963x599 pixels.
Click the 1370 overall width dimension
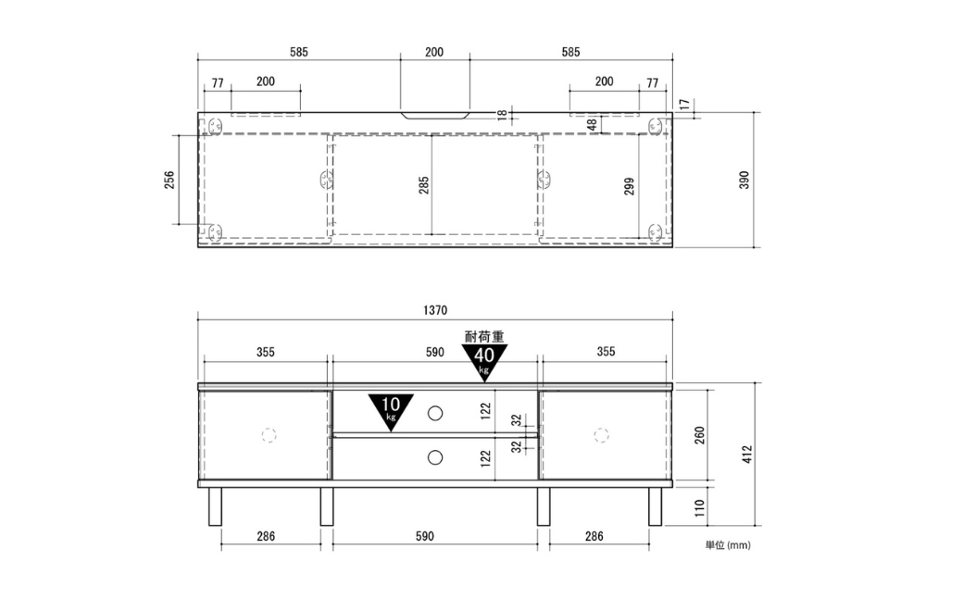[435, 310]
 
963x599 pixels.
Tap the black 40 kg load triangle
[484, 362]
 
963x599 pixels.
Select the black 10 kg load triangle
[391, 412]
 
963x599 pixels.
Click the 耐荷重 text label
[484, 337]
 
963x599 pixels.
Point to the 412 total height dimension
[747, 454]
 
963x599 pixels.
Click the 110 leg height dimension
[699, 507]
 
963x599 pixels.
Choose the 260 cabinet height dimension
[699, 435]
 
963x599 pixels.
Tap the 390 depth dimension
[744, 180]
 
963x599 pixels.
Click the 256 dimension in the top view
[169, 180]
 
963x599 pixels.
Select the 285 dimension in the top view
[424, 185]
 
